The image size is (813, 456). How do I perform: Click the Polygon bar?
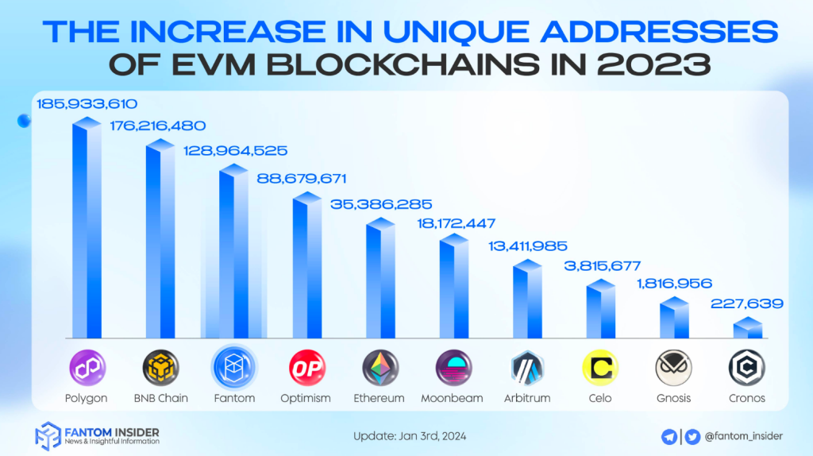coord(87,230)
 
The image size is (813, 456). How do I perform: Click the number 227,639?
coord(747,303)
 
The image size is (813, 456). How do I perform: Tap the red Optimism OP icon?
coord(306,367)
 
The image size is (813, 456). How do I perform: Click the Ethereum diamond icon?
coord(380,367)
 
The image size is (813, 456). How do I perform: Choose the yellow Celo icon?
coord(600,367)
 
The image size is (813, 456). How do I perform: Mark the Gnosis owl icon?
coord(673,367)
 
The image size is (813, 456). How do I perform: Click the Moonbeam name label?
coord(453,398)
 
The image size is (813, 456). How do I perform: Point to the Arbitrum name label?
coord(526,398)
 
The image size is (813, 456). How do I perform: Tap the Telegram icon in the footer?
coord(669,435)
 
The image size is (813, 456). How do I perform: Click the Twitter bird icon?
coord(692,435)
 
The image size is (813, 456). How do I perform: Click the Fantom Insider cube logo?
coord(48,436)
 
